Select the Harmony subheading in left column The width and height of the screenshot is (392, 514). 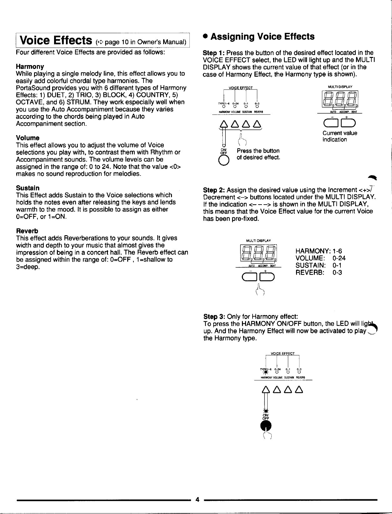click(x=30, y=67)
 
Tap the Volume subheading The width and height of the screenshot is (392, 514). click(x=28, y=138)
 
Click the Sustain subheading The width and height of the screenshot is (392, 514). click(x=28, y=188)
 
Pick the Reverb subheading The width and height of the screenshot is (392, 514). click(x=27, y=231)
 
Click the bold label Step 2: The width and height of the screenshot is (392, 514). click(x=214, y=190)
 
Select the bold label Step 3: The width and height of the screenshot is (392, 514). click(x=214, y=316)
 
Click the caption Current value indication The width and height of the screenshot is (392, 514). click(x=339, y=136)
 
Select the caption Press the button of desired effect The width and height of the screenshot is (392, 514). click(x=258, y=154)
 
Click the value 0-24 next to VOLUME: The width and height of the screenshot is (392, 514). click(x=339, y=258)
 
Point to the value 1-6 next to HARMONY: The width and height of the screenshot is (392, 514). click(x=338, y=251)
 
